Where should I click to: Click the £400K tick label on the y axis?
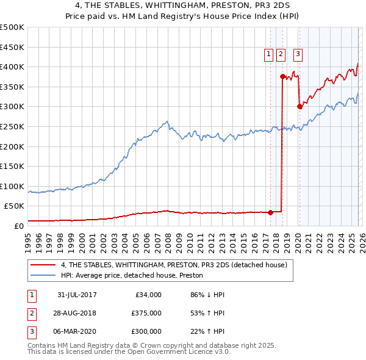click(12, 67)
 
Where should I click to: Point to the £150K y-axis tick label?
click(12, 166)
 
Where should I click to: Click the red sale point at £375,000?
click(282, 76)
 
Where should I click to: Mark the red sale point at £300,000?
click(299, 106)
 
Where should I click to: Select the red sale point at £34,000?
click(270, 212)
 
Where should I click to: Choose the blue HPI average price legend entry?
click(135, 275)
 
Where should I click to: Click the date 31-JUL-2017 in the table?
click(77, 295)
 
